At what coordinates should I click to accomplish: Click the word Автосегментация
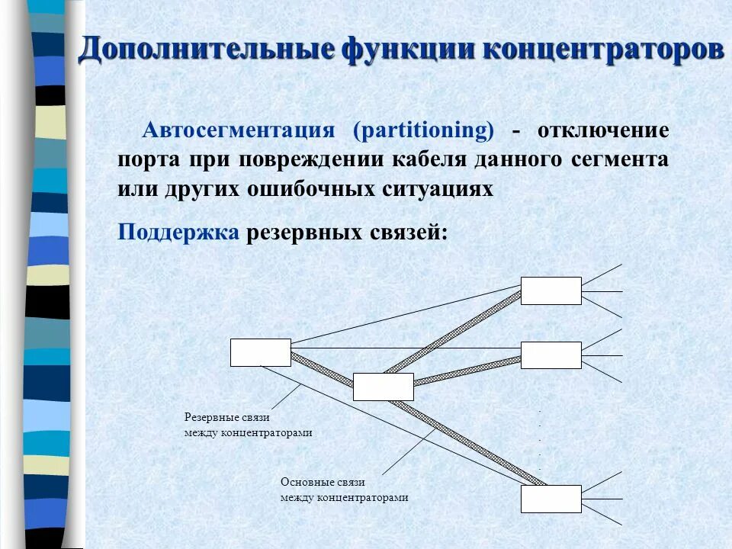click(239, 130)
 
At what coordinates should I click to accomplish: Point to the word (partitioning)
click(423, 130)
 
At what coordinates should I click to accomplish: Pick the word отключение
click(603, 130)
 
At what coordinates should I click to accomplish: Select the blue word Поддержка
click(178, 232)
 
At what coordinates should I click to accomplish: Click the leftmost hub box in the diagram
click(261, 352)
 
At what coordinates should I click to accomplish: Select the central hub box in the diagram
click(384, 387)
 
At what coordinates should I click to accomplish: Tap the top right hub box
click(551, 291)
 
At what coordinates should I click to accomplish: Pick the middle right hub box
click(551, 355)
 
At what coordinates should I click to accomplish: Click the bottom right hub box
click(551, 499)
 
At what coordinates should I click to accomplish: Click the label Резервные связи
click(227, 418)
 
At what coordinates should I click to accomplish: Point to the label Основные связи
click(323, 483)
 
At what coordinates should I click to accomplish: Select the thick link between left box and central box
click(323, 369)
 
